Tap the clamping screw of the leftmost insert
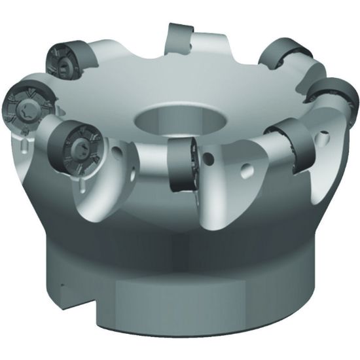click(x=20, y=104)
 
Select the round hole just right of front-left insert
click(x=117, y=151)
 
